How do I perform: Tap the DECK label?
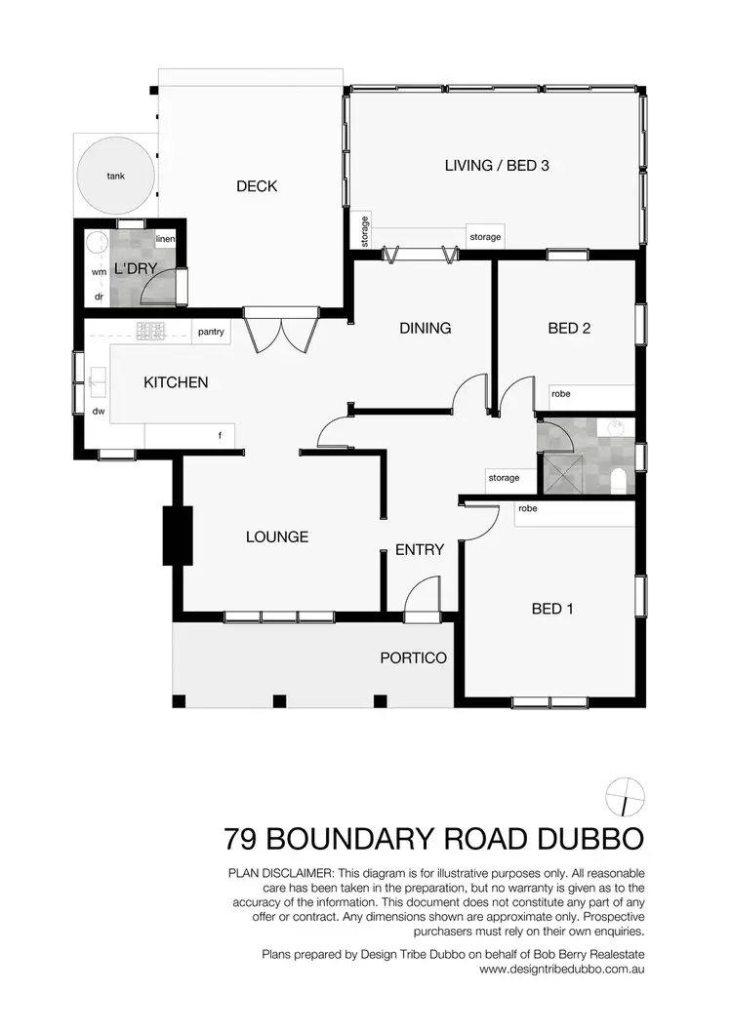pyautogui.click(x=257, y=186)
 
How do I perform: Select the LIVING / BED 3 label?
pyautogui.click(x=496, y=165)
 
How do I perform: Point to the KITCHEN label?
pyautogui.click(x=176, y=382)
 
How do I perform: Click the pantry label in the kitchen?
pyautogui.click(x=211, y=332)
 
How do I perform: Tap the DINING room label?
pyautogui.click(x=425, y=328)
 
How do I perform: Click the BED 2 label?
pyautogui.click(x=569, y=328)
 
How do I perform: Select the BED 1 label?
pyautogui.click(x=552, y=609)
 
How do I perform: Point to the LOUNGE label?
pyautogui.click(x=277, y=536)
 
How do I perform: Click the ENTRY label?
pyautogui.click(x=420, y=550)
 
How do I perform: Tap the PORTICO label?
pyautogui.click(x=413, y=657)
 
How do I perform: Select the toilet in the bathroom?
pyautogui.click(x=617, y=478)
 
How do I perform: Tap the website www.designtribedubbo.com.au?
pyautogui.click(x=561, y=970)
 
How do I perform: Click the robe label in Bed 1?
pyautogui.click(x=528, y=509)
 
